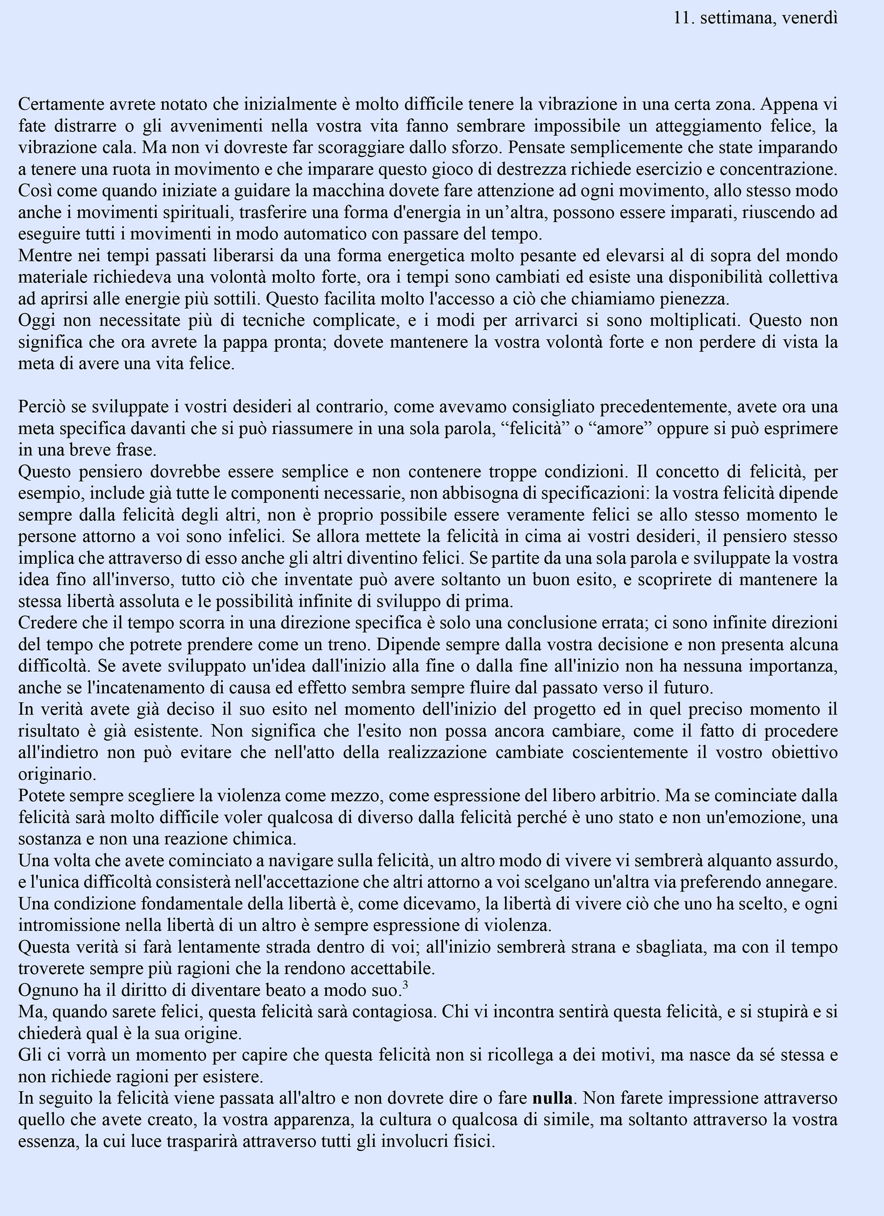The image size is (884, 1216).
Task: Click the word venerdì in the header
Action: point(809,18)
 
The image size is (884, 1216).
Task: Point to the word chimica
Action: point(266,839)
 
